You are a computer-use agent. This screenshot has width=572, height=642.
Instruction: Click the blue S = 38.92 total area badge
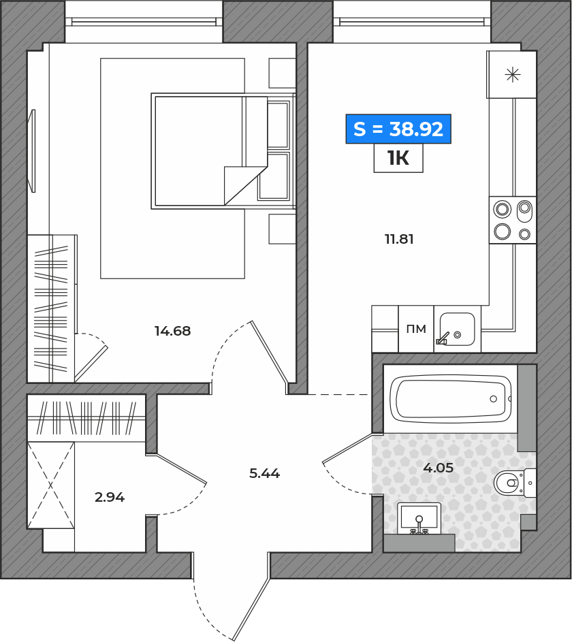click(x=398, y=129)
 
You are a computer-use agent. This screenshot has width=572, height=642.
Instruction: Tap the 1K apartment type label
click(x=398, y=158)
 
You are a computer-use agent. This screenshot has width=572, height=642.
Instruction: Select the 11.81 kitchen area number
click(x=399, y=239)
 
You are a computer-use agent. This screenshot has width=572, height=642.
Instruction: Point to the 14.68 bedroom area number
click(x=172, y=331)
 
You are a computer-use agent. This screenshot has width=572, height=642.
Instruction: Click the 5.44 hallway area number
click(x=264, y=473)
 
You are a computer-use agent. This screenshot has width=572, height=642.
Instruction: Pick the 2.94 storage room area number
click(x=110, y=497)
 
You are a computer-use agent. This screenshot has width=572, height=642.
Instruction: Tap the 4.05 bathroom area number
click(x=438, y=468)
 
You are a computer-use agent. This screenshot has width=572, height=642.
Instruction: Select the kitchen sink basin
click(x=458, y=330)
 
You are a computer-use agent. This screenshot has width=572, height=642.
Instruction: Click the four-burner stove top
click(x=513, y=220)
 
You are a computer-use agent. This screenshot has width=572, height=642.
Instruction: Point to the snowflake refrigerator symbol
click(x=513, y=75)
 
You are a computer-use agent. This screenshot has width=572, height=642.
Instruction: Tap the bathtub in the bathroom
click(x=450, y=399)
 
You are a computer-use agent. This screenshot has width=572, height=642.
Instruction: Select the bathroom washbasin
click(x=419, y=518)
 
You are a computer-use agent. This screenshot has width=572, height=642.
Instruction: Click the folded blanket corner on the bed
click(x=246, y=185)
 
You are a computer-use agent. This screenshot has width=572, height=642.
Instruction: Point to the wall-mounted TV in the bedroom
click(x=31, y=150)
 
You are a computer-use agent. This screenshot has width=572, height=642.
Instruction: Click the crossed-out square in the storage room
click(x=51, y=485)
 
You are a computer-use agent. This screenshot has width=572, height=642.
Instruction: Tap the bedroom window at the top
click(x=144, y=22)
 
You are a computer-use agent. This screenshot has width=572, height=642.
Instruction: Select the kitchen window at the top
click(x=412, y=22)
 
